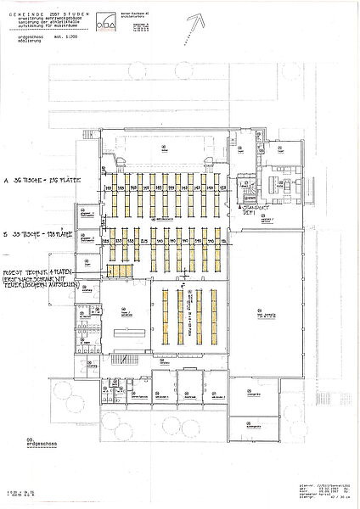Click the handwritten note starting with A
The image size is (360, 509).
pos(42,182)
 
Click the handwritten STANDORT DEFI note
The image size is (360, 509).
pos(254,210)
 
